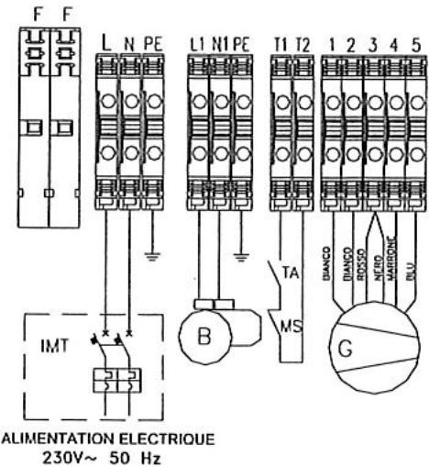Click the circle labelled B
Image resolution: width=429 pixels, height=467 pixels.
(x=205, y=334)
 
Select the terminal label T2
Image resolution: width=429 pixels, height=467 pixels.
(x=299, y=44)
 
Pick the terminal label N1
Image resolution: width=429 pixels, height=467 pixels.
(x=220, y=44)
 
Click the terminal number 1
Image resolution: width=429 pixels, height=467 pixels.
(x=334, y=44)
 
